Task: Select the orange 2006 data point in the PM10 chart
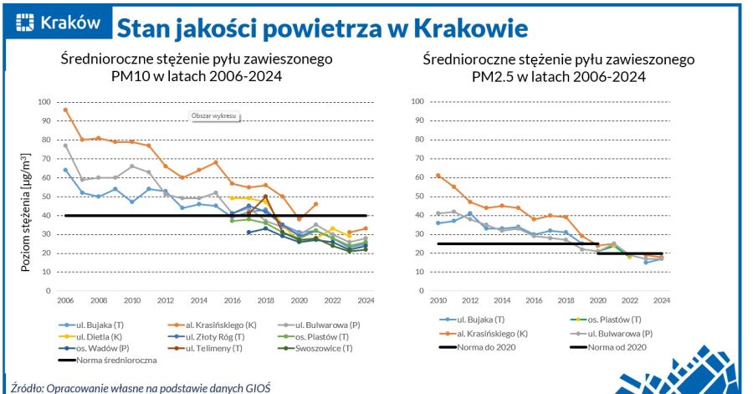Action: (x=65, y=110)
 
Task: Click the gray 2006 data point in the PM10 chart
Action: (x=65, y=146)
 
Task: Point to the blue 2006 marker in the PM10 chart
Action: (x=65, y=170)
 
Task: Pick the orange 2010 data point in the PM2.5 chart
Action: (x=438, y=176)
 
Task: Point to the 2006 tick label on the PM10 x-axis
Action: (x=65, y=299)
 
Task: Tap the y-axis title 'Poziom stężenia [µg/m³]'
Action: (x=26, y=212)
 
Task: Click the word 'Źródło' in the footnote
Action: (x=24, y=387)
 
